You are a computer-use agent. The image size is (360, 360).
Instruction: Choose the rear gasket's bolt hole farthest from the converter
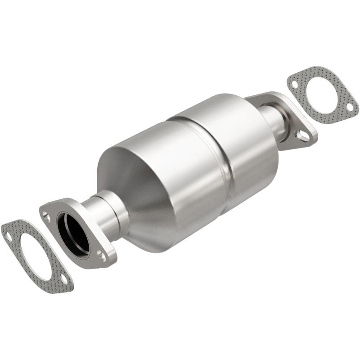click(349, 107)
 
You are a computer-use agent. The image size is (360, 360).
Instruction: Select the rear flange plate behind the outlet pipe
click(295, 126)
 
